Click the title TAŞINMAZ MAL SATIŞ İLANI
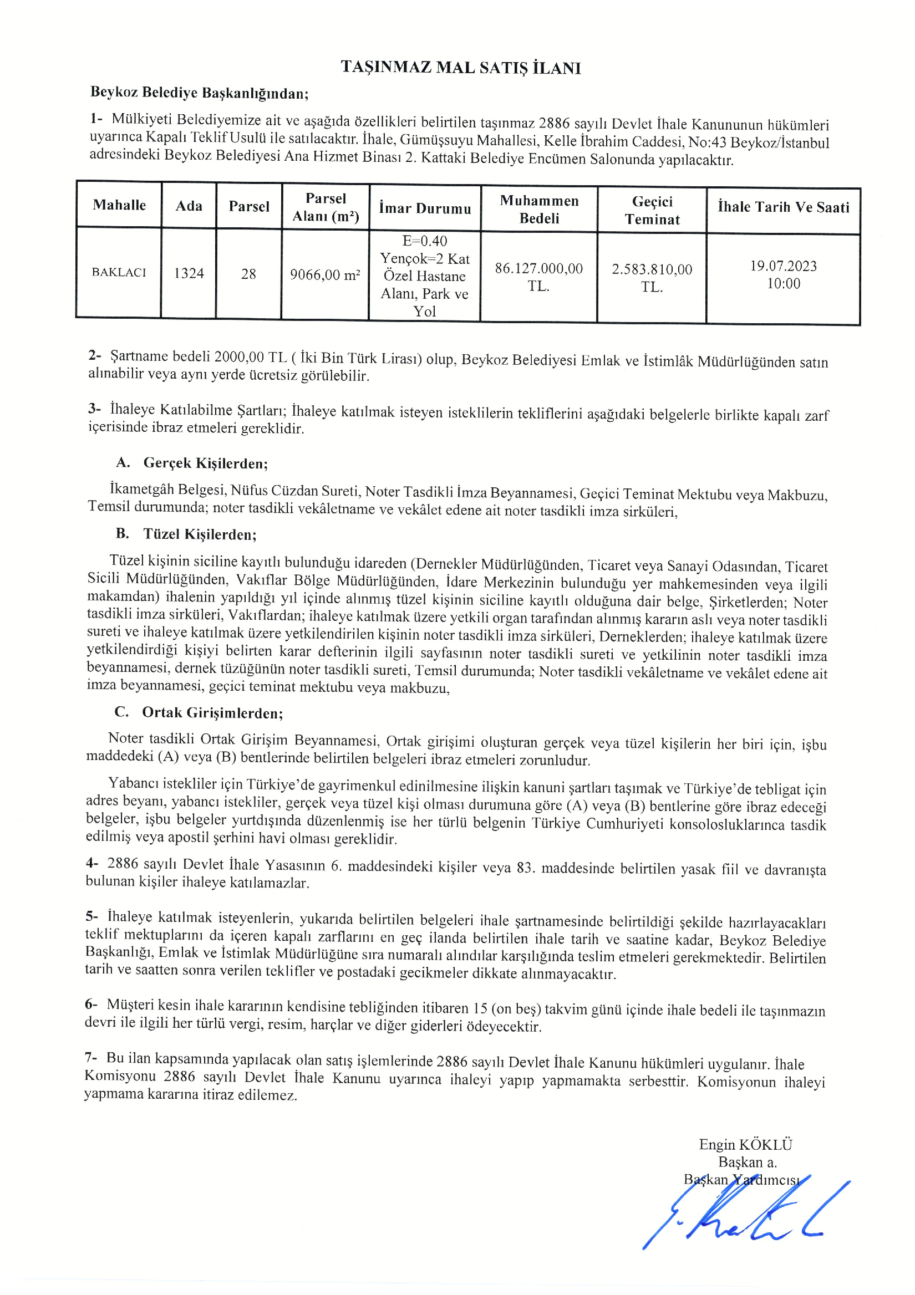coord(460,68)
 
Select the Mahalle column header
coord(119,205)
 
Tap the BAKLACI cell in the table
coord(119,272)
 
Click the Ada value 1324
coord(189,273)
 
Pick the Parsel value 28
coord(248,274)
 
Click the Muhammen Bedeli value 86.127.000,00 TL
coord(538,277)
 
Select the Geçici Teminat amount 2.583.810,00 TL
coord(652,278)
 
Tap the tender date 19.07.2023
coord(783,266)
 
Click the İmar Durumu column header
coord(425,208)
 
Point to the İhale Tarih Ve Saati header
coord(783,207)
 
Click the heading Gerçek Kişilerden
coord(205,463)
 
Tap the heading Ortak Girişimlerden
coord(212,713)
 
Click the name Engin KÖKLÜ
coord(745,1144)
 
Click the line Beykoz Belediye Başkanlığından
coord(200,93)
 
